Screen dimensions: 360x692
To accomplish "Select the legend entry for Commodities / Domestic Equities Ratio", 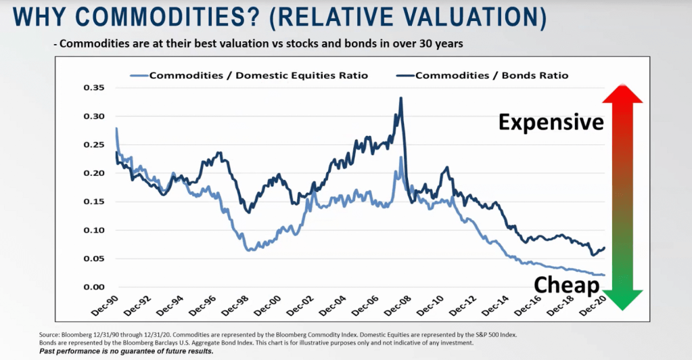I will click(258, 75).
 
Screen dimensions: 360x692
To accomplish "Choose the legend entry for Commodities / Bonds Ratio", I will click(492, 75).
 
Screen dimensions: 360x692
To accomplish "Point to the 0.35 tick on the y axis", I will click(95, 88).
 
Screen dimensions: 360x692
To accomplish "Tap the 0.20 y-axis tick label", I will click(95, 173).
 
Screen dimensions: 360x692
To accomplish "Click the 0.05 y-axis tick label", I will click(95, 258).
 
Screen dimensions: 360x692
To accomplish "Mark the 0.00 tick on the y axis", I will click(95, 287).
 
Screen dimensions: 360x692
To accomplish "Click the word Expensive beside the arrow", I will click(551, 122).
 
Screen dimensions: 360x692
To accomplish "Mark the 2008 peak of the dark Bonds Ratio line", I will click(401, 98).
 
